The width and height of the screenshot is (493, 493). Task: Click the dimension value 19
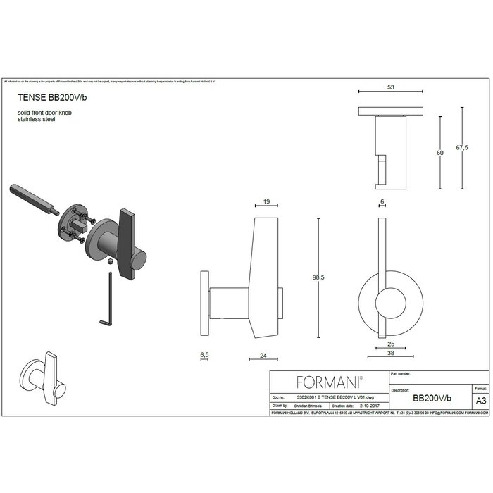266,202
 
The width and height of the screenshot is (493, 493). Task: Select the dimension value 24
263,356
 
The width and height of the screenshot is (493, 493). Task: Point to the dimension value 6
381,202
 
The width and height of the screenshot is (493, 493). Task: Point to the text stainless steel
36,120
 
